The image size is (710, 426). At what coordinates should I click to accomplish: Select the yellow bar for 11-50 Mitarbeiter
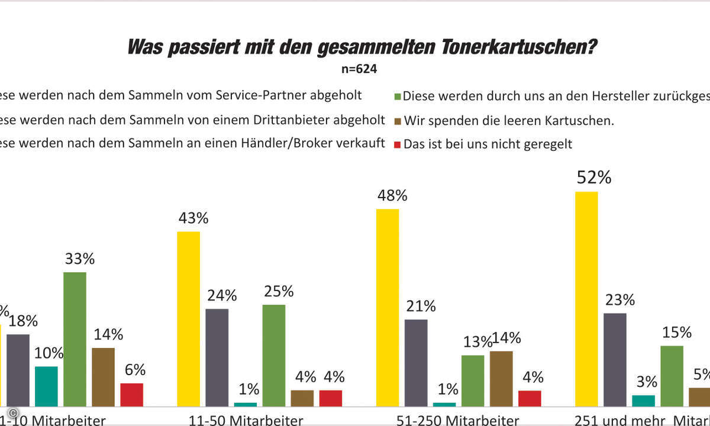pos(189,318)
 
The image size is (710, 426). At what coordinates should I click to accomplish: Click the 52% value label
pos(595,178)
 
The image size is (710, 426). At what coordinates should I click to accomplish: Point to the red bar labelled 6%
pos(132,395)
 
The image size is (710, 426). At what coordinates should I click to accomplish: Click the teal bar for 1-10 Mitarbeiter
pos(46,386)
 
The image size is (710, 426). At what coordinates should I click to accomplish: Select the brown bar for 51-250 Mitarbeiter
pos(501,379)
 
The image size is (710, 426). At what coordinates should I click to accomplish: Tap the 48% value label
pos(392,196)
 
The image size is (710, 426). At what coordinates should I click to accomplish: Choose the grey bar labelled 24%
pos(217,357)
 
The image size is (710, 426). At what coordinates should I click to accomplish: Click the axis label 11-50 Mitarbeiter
pos(246,420)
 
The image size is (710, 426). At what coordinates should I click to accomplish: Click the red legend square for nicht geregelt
pos(398,143)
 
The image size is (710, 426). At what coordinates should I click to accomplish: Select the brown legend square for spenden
pos(398,121)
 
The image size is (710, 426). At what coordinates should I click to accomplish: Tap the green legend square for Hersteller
pos(398,96)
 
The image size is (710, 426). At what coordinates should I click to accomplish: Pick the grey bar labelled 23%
pos(615,359)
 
